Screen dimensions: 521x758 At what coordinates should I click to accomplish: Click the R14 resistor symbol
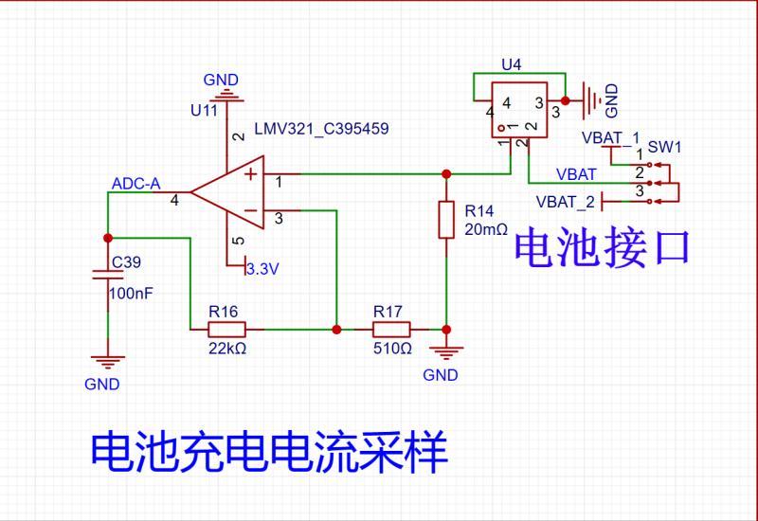click(446, 219)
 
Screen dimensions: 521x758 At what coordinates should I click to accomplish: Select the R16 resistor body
click(227, 330)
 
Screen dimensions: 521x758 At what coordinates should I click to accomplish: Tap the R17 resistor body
click(391, 330)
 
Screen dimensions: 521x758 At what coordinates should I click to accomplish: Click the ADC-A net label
click(135, 184)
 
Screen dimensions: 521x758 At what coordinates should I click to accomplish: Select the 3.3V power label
click(262, 269)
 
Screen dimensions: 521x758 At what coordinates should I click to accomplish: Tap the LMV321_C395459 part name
click(321, 127)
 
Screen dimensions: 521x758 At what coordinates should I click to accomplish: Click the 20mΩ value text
click(487, 229)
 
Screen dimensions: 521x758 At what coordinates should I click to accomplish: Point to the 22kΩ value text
click(228, 349)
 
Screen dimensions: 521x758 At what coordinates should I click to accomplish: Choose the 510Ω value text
click(391, 349)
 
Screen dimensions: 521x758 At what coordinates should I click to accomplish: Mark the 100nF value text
click(132, 294)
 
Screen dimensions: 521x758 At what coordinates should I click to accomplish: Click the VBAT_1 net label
click(610, 137)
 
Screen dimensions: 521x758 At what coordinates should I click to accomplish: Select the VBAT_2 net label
click(566, 202)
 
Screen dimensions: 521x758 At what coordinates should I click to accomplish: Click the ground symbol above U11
click(226, 93)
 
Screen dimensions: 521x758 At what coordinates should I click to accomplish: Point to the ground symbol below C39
click(107, 360)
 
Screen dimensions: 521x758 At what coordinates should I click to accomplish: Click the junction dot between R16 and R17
click(337, 330)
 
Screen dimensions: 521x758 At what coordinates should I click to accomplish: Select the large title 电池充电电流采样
click(268, 453)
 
